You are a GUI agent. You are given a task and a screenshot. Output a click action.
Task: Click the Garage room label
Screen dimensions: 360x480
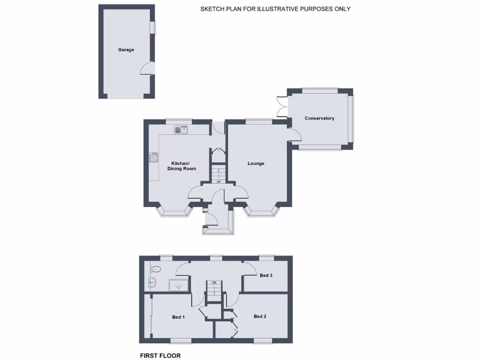(x=126, y=50)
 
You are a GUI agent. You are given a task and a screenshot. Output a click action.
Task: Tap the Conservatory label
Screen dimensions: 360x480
(x=319, y=118)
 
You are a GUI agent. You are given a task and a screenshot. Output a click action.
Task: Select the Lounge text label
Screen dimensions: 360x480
(x=256, y=164)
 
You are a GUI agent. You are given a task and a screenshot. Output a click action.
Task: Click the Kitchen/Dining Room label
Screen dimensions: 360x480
(x=182, y=166)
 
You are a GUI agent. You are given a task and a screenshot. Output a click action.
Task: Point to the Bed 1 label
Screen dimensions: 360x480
(x=178, y=317)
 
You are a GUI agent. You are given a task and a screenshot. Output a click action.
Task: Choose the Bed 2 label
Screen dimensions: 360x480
(x=260, y=316)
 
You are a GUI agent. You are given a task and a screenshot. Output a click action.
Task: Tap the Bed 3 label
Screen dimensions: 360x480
(x=266, y=275)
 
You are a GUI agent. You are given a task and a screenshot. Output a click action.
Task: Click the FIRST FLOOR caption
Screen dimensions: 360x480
(x=160, y=356)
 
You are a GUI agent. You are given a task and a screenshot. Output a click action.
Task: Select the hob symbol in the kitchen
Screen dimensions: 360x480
(x=153, y=157)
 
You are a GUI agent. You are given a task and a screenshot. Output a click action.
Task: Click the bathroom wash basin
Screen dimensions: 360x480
(x=151, y=282)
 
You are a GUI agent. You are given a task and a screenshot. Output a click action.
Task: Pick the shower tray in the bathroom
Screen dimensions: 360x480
(x=178, y=285)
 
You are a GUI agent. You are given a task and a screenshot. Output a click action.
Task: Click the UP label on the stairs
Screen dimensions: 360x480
(x=218, y=182)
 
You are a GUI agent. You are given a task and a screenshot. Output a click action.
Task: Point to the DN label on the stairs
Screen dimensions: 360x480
(x=214, y=283)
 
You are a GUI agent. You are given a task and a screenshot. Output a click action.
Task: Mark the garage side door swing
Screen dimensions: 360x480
(x=148, y=68)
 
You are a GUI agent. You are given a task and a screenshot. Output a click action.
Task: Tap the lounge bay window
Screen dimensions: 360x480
(x=262, y=212)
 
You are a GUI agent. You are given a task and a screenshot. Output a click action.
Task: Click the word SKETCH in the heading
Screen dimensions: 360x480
(x=211, y=9)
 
